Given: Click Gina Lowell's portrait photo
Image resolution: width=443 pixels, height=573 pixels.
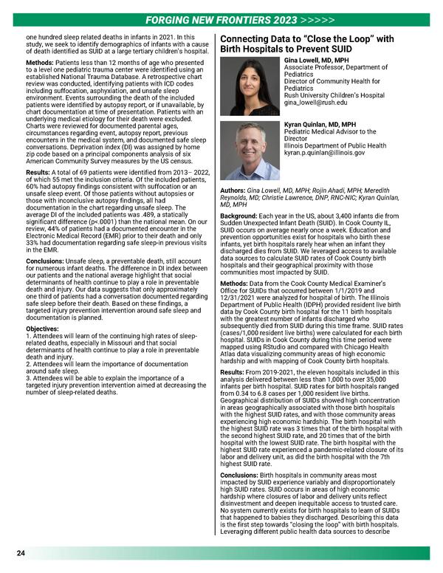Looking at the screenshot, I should (x=250, y=88).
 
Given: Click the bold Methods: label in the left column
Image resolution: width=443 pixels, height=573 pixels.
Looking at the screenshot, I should (x=36, y=64).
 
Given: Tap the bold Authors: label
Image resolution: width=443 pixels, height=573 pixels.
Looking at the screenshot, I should (x=237, y=168).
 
